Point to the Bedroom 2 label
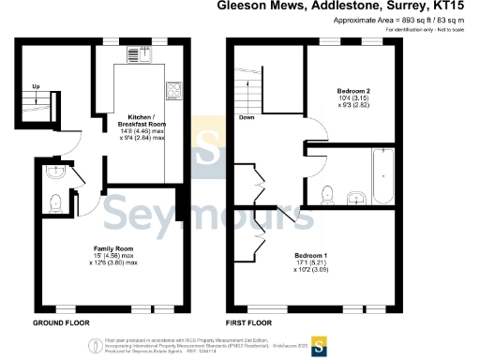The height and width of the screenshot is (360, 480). pyautogui.click(x=353, y=91)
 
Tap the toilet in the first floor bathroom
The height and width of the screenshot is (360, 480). pyautogui.click(x=326, y=193)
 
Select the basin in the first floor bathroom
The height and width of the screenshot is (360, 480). pyautogui.click(x=356, y=197)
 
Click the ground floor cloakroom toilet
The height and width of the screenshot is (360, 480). pyautogui.click(x=55, y=200)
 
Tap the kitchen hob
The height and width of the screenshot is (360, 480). pyautogui.click(x=173, y=90)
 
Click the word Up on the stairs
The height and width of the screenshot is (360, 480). pyautogui.click(x=37, y=87)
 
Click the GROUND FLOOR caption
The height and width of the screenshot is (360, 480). pyautogui.click(x=61, y=322)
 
